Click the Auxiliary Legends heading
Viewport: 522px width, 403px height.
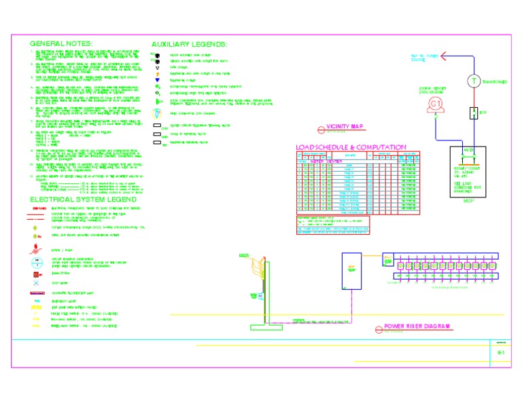[x=189, y=43]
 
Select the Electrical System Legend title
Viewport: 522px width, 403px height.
[x=79, y=199]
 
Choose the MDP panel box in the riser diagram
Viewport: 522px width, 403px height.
[x=351, y=270]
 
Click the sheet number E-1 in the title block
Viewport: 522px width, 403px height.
[x=500, y=353]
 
